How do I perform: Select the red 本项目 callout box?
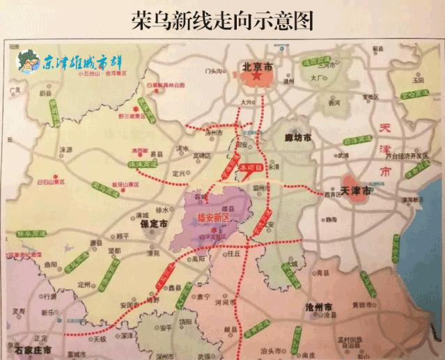pos(251,168)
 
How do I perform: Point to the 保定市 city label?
pos(153,225)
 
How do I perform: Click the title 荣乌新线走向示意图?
pos(222,20)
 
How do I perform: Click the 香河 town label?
pos(333,102)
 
